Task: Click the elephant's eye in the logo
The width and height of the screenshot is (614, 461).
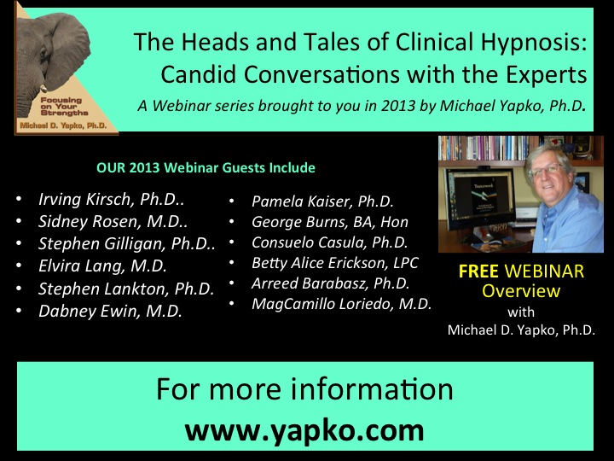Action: [x=43, y=53]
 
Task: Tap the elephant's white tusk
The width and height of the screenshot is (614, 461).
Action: [x=43, y=89]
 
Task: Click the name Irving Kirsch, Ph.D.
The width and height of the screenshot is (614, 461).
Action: [x=111, y=199]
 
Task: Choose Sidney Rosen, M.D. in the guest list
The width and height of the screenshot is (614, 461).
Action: [x=113, y=221]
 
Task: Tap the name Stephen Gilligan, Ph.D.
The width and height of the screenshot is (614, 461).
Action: [x=127, y=244]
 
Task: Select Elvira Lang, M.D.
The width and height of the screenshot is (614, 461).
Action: [x=102, y=266]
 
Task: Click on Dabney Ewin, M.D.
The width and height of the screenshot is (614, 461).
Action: [x=110, y=312]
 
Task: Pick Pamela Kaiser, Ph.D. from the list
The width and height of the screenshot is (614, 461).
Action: [x=322, y=201]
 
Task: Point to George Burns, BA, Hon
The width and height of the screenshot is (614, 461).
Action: [x=330, y=222]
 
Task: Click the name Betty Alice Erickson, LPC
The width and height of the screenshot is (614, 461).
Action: [x=335, y=263]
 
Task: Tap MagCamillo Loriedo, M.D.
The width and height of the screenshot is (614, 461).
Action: [x=341, y=304]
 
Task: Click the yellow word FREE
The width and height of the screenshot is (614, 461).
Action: [x=478, y=271]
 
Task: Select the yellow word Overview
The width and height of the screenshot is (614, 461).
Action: [x=521, y=291]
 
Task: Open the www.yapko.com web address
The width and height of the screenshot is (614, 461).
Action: [x=304, y=430]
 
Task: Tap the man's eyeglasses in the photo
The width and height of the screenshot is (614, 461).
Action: [x=546, y=169]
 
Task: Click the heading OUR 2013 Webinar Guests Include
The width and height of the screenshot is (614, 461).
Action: [x=206, y=168]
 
